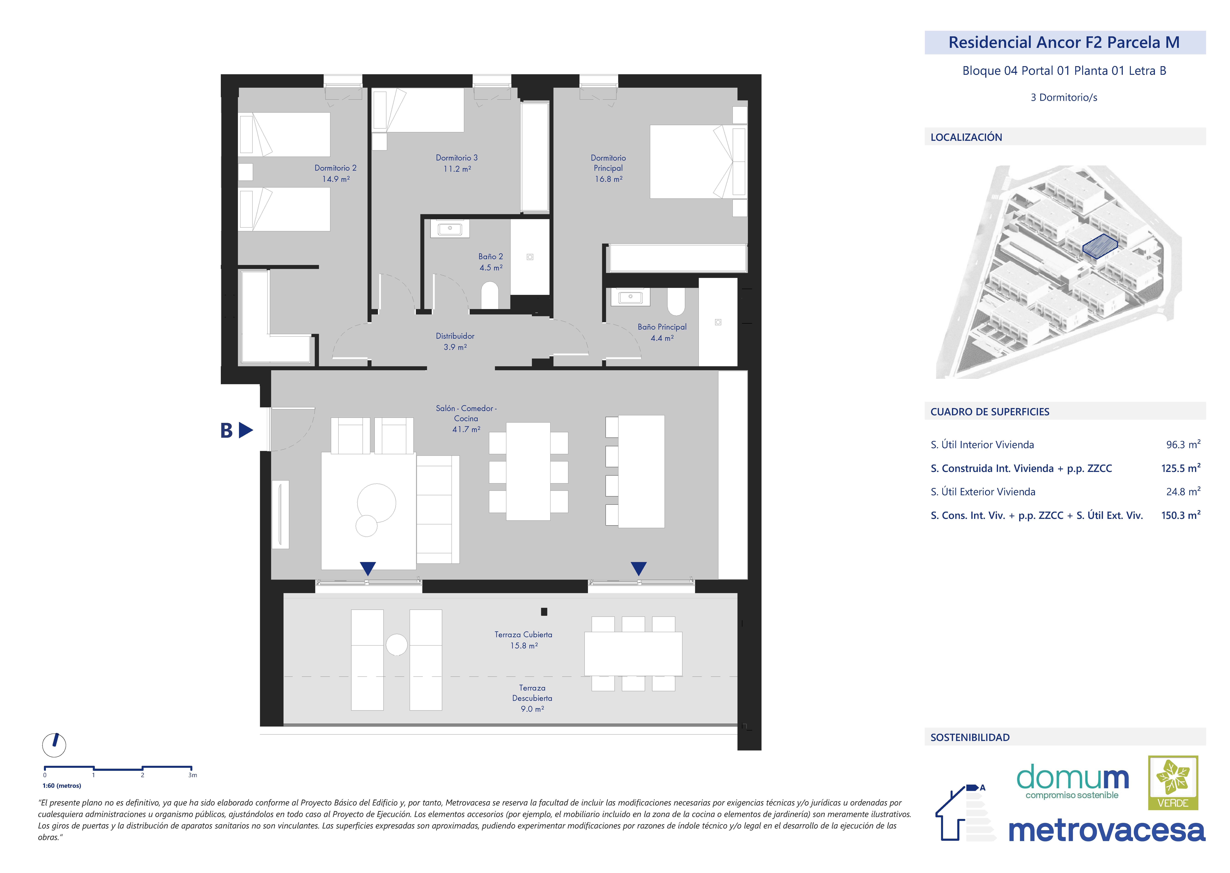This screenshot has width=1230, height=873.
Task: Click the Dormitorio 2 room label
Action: [x=335, y=168]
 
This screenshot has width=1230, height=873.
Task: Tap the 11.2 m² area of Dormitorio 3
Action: [x=457, y=169]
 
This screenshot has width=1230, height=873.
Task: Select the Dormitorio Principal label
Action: [x=608, y=163]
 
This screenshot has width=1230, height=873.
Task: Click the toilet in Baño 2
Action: [x=490, y=296]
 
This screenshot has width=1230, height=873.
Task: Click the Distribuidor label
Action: [x=455, y=336]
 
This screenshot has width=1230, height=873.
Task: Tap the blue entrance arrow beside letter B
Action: [x=246, y=430]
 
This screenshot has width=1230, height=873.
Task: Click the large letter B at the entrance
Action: [x=226, y=431]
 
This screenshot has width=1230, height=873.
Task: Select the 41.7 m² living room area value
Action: [x=466, y=430]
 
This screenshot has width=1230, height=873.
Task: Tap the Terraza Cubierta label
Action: [x=523, y=635]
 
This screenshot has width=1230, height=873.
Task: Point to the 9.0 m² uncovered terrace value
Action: [x=532, y=709]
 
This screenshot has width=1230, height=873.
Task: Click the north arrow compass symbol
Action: [x=54, y=745]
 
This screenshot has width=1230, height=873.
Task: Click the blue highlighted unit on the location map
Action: [x=1099, y=247]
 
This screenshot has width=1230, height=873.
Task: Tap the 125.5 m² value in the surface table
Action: [x=1180, y=468]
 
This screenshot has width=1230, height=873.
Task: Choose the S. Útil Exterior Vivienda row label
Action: [x=983, y=492]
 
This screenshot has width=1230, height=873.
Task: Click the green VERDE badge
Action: [x=1173, y=783]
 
